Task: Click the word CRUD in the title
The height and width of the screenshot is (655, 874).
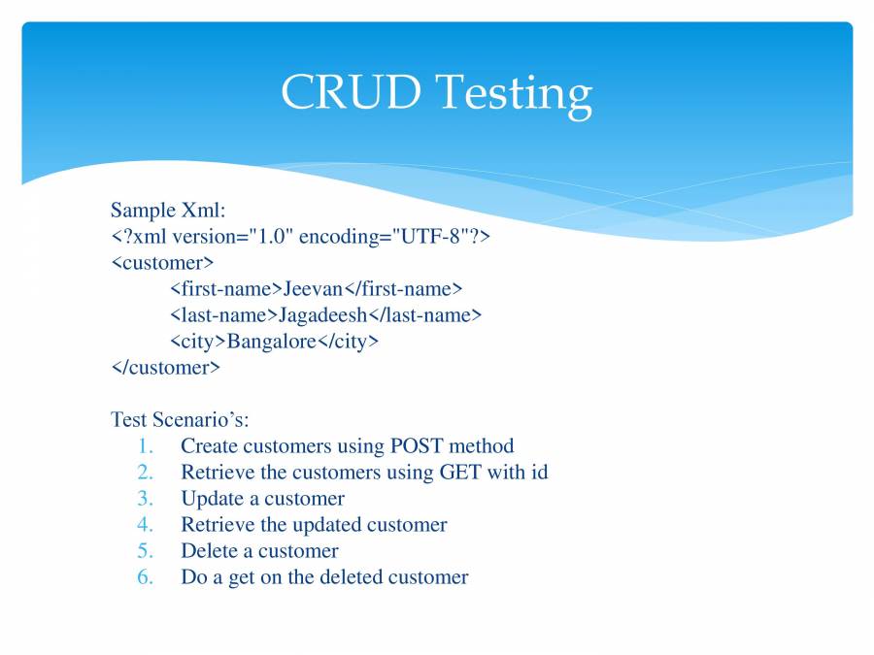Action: (x=351, y=91)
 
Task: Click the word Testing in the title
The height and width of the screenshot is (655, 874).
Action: (x=514, y=96)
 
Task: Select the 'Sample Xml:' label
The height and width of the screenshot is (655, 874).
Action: (x=168, y=210)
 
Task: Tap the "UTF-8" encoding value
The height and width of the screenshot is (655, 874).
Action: (x=426, y=236)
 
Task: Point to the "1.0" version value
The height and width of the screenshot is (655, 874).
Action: (x=271, y=236)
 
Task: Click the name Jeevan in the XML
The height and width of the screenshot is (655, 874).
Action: (x=313, y=288)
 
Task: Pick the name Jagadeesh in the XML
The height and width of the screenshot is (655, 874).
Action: (x=322, y=315)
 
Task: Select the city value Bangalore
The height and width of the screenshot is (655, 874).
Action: (x=272, y=342)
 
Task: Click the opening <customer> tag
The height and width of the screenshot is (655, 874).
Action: (x=163, y=262)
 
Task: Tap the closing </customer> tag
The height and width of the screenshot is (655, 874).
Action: (x=165, y=367)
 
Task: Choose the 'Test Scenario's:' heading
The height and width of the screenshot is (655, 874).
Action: (x=180, y=419)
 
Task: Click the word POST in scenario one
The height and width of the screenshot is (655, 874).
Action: (x=417, y=445)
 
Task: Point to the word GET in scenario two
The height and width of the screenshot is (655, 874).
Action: (x=460, y=472)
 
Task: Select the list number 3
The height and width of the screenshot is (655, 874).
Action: (x=145, y=498)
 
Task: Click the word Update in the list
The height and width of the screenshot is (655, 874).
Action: (x=213, y=499)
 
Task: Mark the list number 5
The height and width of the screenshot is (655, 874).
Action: (x=145, y=550)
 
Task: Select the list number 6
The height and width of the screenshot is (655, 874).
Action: (x=145, y=576)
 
